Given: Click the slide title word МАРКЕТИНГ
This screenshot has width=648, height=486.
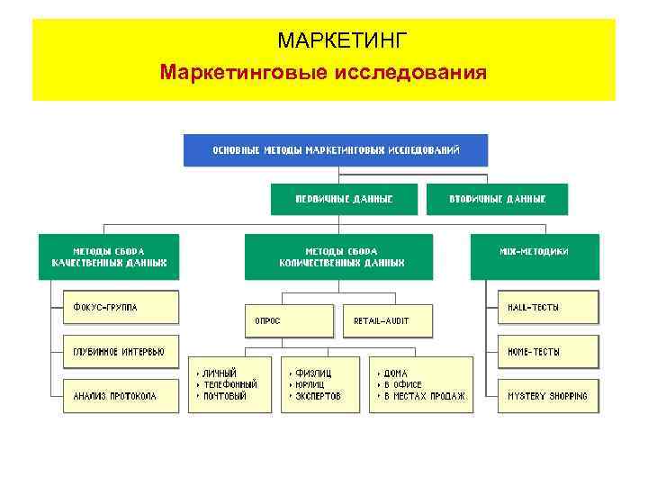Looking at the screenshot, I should tap(343, 40).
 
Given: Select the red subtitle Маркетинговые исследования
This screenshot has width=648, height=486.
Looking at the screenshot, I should tap(323, 71).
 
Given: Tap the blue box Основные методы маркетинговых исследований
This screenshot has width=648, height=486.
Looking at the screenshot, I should tap(336, 149).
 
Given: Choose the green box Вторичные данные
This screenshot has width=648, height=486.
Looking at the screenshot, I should tap(497, 199).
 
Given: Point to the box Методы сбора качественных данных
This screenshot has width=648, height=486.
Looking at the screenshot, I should tap(108, 256).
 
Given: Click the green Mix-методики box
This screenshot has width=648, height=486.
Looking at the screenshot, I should tap(534, 252).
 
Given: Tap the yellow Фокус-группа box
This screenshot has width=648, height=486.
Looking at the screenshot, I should tap(120, 307).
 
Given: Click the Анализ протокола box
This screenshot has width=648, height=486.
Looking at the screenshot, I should tap(120, 395).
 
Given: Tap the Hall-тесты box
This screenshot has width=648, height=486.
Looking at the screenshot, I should tap(547, 307).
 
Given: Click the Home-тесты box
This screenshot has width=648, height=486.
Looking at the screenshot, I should tap(547, 351).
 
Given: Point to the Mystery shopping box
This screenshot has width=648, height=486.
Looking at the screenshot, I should tap(547, 395).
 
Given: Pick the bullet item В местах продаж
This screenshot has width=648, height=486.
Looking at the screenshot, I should tap(424, 396).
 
